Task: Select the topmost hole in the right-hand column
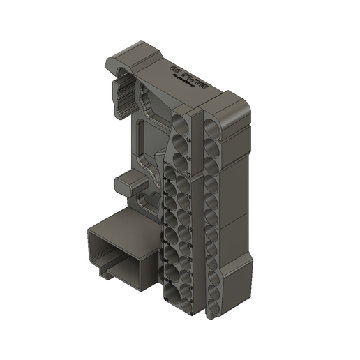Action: [x=211, y=125]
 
